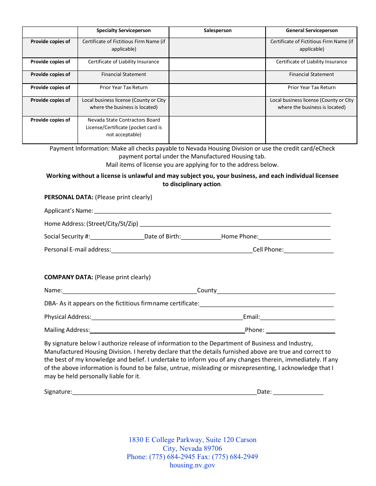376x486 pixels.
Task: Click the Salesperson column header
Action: [217, 30]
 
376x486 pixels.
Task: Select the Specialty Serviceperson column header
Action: [123, 30]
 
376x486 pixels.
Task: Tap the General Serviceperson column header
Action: [311, 30]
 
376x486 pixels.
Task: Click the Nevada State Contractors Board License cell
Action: [123, 128]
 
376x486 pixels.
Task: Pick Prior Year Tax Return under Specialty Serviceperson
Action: [123, 88]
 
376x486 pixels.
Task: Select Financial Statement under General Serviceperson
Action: [311, 74]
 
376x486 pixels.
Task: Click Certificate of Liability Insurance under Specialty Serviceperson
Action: [123, 62]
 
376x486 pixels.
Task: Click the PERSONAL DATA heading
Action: [69, 197]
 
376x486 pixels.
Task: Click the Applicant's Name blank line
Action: [212, 211]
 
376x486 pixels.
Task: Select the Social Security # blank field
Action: [117, 237]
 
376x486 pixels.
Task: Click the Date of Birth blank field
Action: [201, 237]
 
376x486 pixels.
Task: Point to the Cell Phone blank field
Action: [308, 250]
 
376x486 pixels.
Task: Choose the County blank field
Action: [276, 291]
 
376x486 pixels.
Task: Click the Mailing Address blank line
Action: [167, 330]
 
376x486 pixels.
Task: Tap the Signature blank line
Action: [164, 392]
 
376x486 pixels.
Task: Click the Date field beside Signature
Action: [298, 392]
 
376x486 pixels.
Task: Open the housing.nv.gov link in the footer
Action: [192, 465]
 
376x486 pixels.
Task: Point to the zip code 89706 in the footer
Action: [213, 448]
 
